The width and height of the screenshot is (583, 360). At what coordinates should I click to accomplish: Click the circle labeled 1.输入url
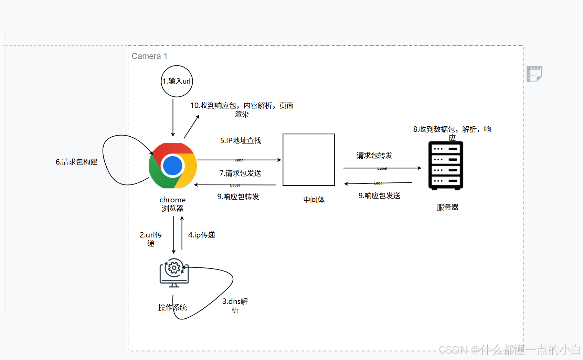[177, 81]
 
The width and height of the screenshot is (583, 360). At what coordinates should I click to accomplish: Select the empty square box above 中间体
[308, 160]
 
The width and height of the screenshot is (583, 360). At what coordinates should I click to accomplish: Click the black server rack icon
[446, 166]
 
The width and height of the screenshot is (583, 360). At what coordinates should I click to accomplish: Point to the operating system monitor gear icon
[174, 273]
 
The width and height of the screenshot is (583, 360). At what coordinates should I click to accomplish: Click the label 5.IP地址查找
[241, 140]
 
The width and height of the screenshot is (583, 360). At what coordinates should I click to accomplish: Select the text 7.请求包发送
[240, 173]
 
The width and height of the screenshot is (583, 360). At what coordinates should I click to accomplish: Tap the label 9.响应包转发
[238, 197]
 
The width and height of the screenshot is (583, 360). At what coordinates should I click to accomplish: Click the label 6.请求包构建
[76, 162]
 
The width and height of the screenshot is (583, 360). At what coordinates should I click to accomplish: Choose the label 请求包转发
[374, 156]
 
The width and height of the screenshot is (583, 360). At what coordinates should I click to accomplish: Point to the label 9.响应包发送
[379, 195]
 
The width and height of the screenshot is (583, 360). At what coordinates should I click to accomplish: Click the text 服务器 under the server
[447, 207]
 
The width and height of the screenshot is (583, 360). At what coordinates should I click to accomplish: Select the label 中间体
[314, 200]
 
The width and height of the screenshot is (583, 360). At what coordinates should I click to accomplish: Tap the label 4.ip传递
[201, 235]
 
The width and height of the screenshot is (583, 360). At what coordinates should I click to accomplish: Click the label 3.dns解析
[235, 305]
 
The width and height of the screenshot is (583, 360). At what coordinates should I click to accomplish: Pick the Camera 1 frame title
[149, 56]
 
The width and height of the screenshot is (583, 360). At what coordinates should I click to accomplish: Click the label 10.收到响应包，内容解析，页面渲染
[242, 109]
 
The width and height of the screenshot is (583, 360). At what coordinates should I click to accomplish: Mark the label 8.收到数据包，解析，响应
[452, 133]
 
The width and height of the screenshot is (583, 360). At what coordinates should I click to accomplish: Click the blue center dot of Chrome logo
[172, 166]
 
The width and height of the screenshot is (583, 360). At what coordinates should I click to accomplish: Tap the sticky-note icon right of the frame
[534, 74]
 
